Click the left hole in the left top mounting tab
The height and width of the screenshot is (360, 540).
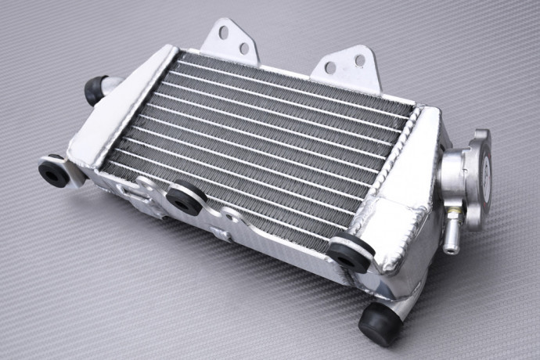224,33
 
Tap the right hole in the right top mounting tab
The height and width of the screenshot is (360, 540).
359,60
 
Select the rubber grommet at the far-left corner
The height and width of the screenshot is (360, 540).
54,173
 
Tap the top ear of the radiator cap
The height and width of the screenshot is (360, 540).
479,137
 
